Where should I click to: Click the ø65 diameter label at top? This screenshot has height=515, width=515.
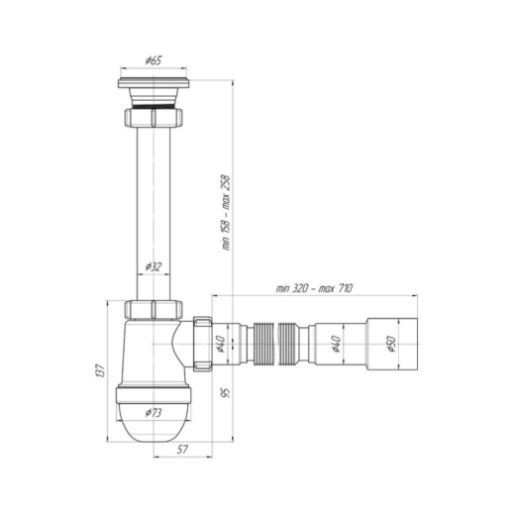click(x=154, y=60)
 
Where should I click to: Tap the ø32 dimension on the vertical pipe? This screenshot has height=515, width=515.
click(x=154, y=266)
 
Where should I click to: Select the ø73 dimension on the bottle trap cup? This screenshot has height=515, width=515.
click(x=154, y=413)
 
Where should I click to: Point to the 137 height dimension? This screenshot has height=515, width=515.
click(x=100, y=370)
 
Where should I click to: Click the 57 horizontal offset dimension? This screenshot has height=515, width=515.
click(x=182, y=450)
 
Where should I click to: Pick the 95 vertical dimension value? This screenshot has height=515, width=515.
click(x=227, y=392)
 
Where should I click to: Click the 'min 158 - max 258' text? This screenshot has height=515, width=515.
click(x=227, y=213)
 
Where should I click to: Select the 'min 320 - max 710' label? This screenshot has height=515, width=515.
click(x=314, y=288)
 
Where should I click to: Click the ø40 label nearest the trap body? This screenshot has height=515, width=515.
click(x=220, y=344)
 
